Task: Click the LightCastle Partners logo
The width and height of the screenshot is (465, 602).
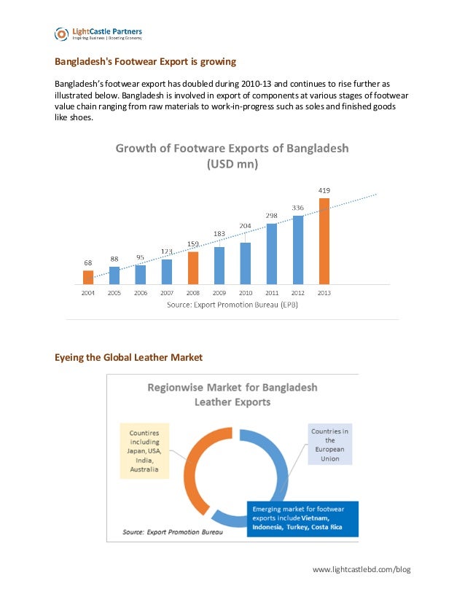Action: click(98, 34)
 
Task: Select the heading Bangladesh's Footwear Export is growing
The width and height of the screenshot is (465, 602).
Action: click(146, 61)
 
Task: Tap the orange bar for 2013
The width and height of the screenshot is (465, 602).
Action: click(324, 241)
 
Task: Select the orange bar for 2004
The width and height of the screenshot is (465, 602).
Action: click(88, 277)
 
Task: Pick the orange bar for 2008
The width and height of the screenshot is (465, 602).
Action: click(193, 267)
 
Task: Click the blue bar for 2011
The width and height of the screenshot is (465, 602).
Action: click(271, 253)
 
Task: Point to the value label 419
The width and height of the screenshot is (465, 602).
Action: click(324, 191)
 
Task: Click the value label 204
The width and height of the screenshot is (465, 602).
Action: click(246, 225)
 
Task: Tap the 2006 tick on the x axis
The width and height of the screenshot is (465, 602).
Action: click(141, 293)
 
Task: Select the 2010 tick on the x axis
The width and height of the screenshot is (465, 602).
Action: click(246, 293)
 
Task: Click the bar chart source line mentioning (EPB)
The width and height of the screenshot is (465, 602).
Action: click(232, 305)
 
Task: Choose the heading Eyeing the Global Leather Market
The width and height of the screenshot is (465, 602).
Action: click(129, 357)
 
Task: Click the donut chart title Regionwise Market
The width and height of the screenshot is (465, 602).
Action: click(232, 394)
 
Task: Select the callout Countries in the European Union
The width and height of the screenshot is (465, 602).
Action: click(329, 445)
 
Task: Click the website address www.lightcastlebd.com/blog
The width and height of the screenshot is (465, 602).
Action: click(362, 568)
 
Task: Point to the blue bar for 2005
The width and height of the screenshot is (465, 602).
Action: click(114, 275)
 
